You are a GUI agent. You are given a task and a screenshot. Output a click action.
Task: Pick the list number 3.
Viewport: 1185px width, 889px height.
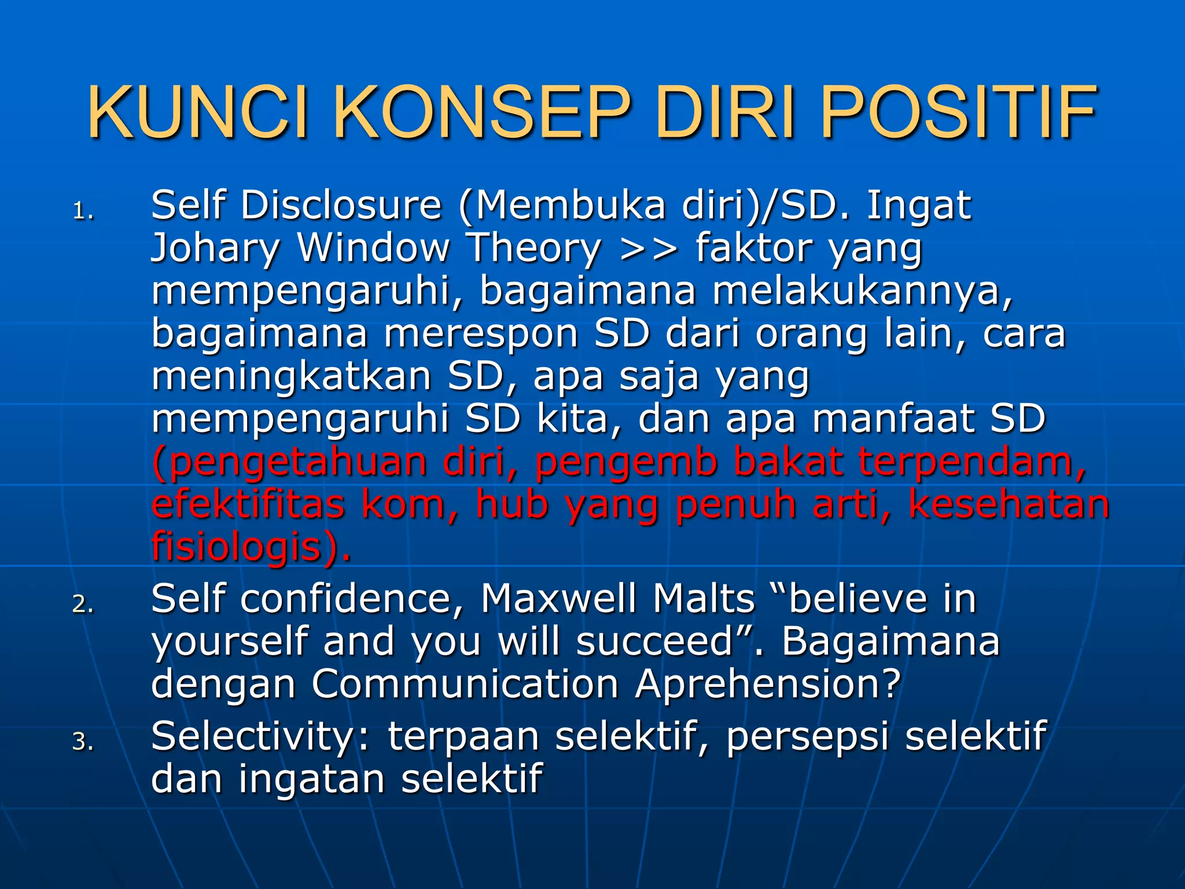tap(83, 741)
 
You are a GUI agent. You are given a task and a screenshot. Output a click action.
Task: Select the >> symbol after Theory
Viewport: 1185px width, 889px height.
tap(648, 249)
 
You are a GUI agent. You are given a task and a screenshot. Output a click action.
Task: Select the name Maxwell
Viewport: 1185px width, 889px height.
tap(558, 598)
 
